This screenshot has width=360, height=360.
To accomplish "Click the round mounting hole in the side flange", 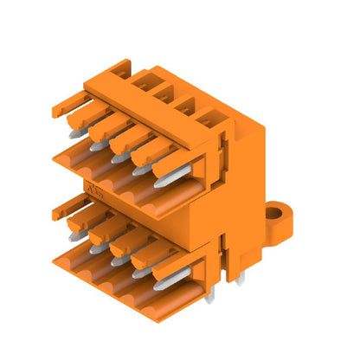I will tap(275, 212).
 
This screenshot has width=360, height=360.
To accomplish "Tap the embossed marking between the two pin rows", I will tap(93, 189).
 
